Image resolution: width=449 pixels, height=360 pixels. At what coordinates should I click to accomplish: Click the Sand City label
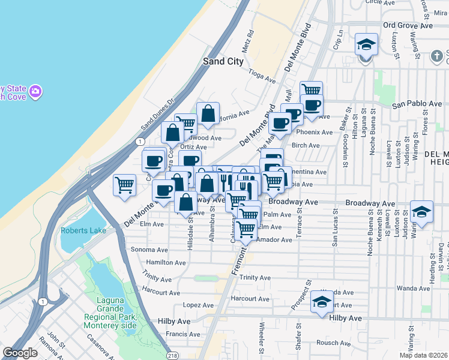(223, 61)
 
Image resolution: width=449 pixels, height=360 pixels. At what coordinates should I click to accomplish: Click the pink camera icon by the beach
(36, 91)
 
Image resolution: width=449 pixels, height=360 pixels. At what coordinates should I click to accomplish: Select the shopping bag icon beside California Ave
(208, 113)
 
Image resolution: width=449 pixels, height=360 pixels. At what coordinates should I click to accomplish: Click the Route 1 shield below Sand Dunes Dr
(140, 141)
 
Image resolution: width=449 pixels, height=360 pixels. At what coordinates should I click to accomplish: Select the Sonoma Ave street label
(153, 249)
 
